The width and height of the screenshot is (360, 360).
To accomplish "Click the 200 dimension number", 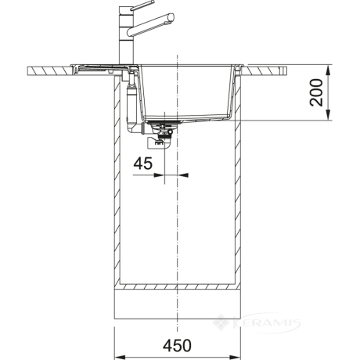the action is pyautogui.click(x=316, y=92).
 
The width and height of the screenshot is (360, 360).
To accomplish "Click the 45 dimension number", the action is pyautogui.click(x=143, y=164).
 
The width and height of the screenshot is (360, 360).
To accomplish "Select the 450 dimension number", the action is pyautogui.click(x=177, y=345).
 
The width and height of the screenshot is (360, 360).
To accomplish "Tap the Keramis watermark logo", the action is pyautogui.click(x=256, y=323).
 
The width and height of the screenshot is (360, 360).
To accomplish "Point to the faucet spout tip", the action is pyautogui.click(x=171, y=17).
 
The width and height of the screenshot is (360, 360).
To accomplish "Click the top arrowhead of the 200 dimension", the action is pyautogui.click(x=328, y=70).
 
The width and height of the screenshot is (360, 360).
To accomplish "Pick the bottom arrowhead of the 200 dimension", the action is pyautogui.click(x=328, y=114).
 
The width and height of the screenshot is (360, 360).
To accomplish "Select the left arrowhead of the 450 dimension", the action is pyautogui.click(x=121, y=356).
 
